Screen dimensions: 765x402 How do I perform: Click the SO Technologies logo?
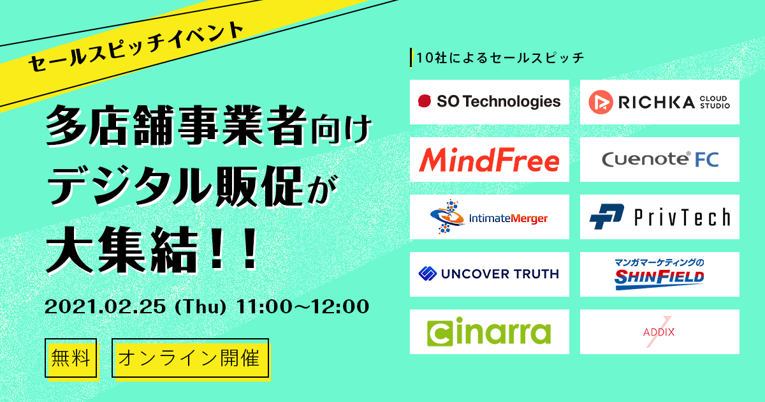(x=490, y=101)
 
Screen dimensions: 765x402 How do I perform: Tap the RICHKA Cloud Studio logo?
(x=659, y=102)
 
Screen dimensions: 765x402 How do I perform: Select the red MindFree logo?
(x=489, y=160)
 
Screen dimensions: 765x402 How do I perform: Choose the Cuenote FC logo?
(x=660, y=160)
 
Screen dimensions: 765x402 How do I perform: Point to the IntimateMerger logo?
(x=489, y=217)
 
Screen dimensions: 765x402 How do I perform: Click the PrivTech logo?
(x=660, y=217)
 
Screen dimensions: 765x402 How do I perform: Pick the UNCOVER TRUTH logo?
(x=489, y=274)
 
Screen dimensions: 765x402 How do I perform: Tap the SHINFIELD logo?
(x=659, y=274)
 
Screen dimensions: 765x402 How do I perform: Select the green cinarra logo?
(x=489, y=332)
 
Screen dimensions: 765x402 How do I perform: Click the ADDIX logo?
(x=659, y=332)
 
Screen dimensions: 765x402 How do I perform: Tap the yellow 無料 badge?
(x=71, y=358)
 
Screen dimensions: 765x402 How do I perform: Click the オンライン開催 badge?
(x=191, y=358)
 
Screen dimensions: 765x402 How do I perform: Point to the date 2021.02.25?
(x=105, y=307)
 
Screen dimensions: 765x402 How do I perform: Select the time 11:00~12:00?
(x=303, y=307)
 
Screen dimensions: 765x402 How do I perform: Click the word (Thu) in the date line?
(x=200, y=307)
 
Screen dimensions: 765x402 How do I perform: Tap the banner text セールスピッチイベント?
(x=136, y=47)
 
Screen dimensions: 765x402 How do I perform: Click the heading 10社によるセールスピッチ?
(x=500, y=58)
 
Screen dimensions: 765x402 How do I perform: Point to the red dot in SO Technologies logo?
(x=425, y=101)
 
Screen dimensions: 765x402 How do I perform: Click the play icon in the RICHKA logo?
(x=601, y=102)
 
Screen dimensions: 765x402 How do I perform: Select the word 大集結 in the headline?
(x=122, y=251)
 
